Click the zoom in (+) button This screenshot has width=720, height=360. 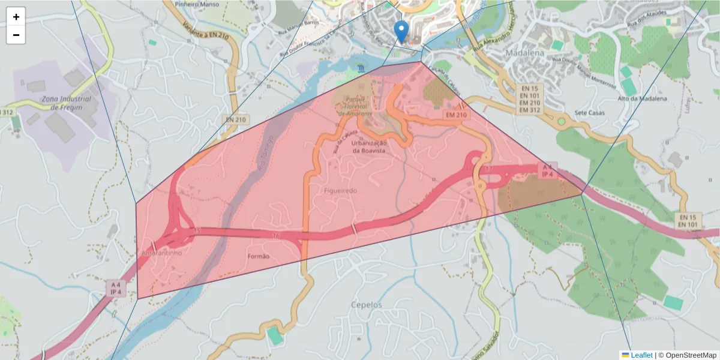point(16,17)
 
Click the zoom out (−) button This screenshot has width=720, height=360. point(16,35)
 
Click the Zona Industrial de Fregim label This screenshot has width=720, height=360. point(67,103)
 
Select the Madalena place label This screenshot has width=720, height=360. point(525,52)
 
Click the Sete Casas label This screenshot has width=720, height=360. point(589,113)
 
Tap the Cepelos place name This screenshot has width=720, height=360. point(367,305)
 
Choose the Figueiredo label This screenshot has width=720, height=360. point(340,190)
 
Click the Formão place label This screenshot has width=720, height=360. point(259,256)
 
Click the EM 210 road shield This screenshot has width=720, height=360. point(456,115)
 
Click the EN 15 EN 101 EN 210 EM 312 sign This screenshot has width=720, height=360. point(530,99)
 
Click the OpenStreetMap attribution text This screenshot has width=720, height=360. point(687,355)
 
